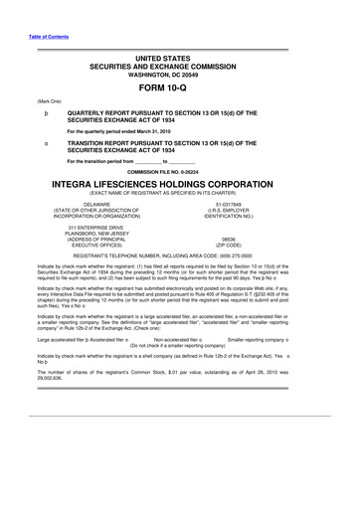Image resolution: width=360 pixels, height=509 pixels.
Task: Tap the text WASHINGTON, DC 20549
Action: (x=179, y=74)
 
